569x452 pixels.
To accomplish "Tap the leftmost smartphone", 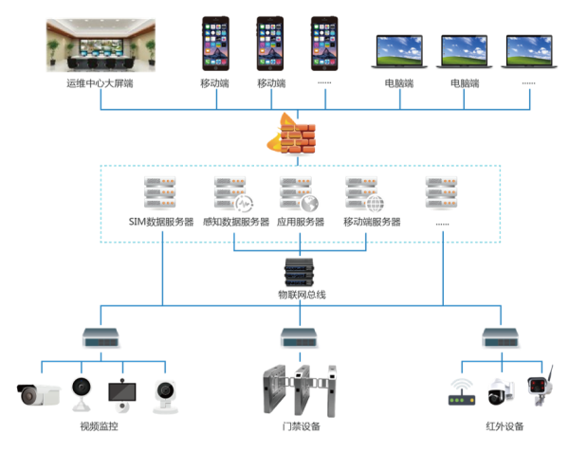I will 216,45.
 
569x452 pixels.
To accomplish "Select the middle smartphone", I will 270,45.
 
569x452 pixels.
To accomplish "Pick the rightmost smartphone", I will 324,45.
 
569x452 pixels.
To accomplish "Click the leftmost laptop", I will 399,52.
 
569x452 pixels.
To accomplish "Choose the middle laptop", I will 464,52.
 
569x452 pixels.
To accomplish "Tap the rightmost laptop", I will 528,52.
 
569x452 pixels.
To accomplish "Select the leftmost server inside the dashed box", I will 160,194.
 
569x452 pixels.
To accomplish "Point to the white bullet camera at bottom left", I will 40,392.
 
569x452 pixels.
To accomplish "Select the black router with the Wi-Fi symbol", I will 463,389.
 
